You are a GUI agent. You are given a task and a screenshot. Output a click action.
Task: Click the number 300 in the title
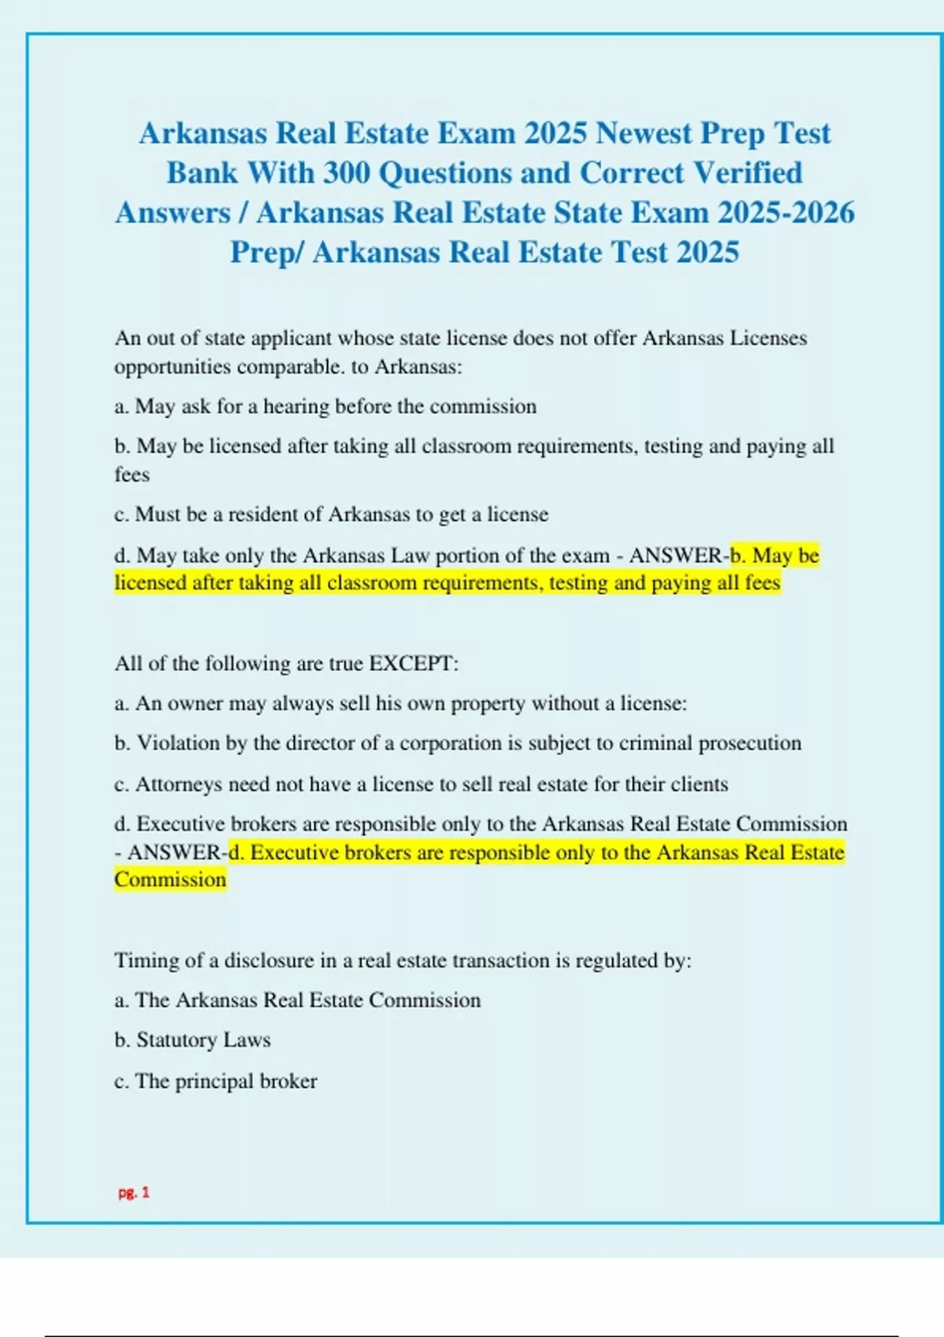pos(346,173)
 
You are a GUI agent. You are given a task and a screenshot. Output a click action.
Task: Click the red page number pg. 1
pos(134,1192)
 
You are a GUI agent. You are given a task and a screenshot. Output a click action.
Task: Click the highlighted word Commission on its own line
pos(170,879)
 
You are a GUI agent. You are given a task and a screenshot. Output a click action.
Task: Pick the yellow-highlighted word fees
pos(762,583)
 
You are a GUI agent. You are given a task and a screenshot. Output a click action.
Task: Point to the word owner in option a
pos(194,703)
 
